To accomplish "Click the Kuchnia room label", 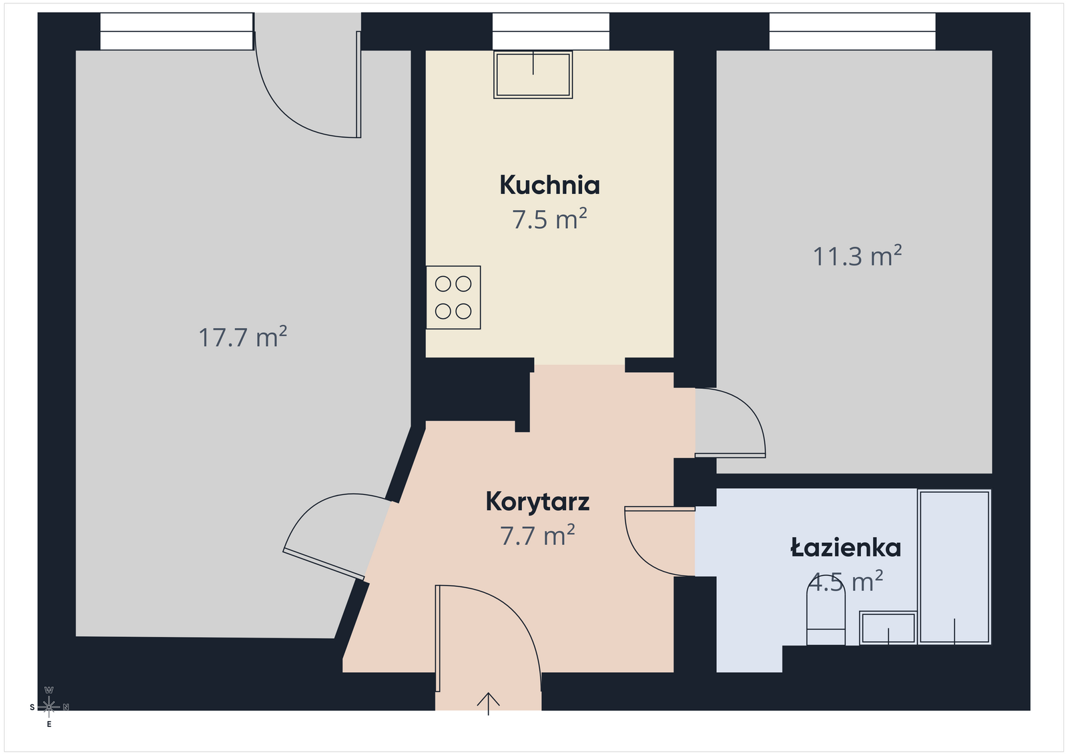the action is point(550,185).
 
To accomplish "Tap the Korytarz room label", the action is point(537,502).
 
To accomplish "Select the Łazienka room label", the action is point(846,548).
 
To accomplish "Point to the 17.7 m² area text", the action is point(242,337).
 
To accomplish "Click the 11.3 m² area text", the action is point(857,256).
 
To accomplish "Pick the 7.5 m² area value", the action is point(549,219).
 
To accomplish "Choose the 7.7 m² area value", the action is point(537,535).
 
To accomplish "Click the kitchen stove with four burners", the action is point(453,297).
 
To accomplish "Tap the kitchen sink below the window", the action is point(533,75).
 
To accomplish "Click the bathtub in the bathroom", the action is point(955,568).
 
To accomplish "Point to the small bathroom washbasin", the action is point(888,628).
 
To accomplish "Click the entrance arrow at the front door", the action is point(488,704).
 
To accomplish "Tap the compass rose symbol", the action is point(49,707).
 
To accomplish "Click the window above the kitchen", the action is point(551,31).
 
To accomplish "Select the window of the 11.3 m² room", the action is point(852,31).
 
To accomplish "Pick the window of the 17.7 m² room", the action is point(176,31).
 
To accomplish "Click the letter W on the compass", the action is point(49,690).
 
